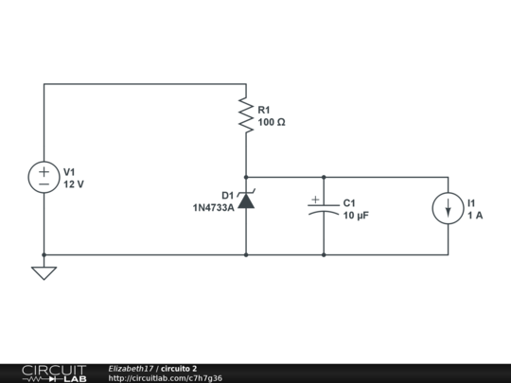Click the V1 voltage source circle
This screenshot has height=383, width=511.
click(44, 178)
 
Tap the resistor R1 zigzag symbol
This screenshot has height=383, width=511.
click(246, 114)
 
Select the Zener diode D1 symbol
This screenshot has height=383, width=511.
click(246, 200)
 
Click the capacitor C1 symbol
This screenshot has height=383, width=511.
click(324, 208)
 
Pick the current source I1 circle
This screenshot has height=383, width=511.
click(448, 209)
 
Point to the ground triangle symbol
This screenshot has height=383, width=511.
click(44, 272)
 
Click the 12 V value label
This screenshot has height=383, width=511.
click(74, 184)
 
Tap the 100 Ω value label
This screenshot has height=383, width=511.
click(271, 122)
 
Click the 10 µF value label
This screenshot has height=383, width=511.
click(357, 216)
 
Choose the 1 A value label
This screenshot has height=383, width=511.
click(475, 216)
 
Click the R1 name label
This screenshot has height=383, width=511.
click(264, 110)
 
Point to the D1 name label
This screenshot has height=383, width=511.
click(227, 195)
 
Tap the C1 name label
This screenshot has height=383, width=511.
click(349, 202)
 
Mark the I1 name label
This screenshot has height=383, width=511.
click(472, 202)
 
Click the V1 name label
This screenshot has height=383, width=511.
click(69, 171)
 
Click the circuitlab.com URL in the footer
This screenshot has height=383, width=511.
click(166, 378)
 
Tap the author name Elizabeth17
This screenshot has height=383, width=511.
click(131, 368)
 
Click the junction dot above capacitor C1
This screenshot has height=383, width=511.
click(324, 177)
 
